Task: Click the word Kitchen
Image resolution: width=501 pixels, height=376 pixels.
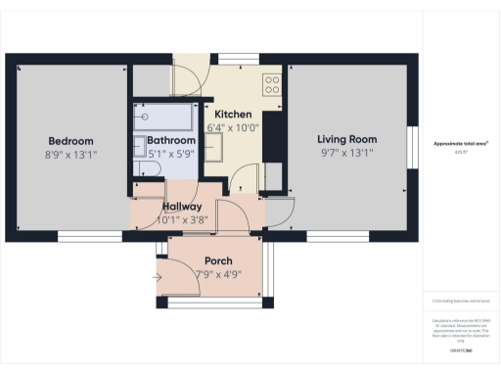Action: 233,115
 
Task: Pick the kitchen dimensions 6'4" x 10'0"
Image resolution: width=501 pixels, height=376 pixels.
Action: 233,128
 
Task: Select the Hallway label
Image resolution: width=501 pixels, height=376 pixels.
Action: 182,207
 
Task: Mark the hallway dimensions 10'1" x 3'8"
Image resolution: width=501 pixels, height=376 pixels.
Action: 182,220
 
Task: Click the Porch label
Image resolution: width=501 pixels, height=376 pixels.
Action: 216,260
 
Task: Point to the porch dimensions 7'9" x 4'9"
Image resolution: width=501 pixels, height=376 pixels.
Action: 216,274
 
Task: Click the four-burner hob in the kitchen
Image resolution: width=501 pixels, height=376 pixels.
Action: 272,82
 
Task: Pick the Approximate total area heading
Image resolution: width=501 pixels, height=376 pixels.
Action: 461,144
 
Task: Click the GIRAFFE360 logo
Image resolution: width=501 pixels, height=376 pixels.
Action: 461,350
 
